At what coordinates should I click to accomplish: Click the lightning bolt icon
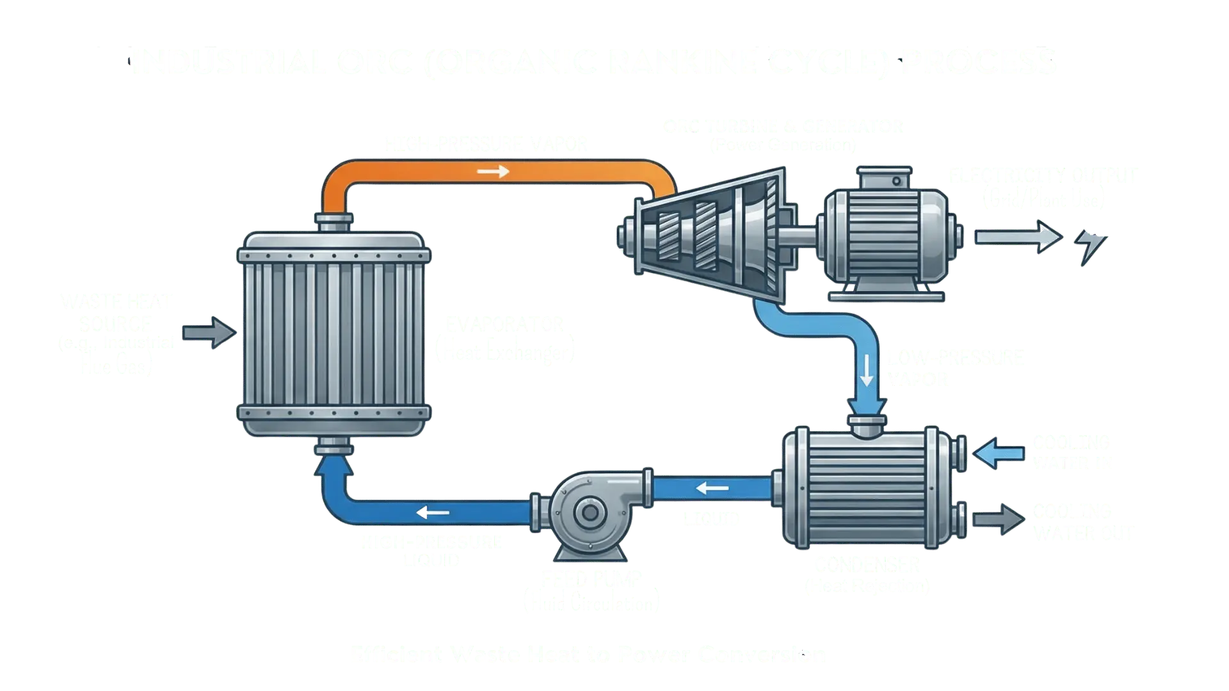coord(1093,247)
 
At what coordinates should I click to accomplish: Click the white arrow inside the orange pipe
coord(493,171)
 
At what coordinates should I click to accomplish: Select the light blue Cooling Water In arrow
coord(998,452)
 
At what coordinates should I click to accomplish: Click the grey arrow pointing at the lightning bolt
coord(1018,237)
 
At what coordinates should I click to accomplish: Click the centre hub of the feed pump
coord(585,512)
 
